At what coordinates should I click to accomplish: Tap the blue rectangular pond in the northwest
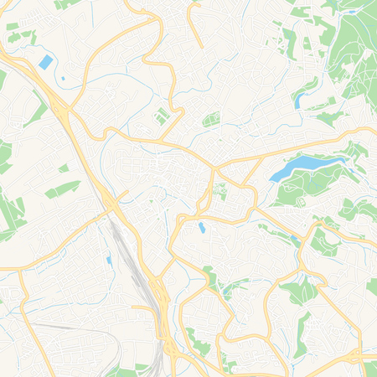(44, 62)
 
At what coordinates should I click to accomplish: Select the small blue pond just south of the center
(201, 227)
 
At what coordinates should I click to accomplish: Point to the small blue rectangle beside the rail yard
(108, 261)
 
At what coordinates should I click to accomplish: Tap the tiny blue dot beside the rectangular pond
(62, 79)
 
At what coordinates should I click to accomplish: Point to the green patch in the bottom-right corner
(369, 369)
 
